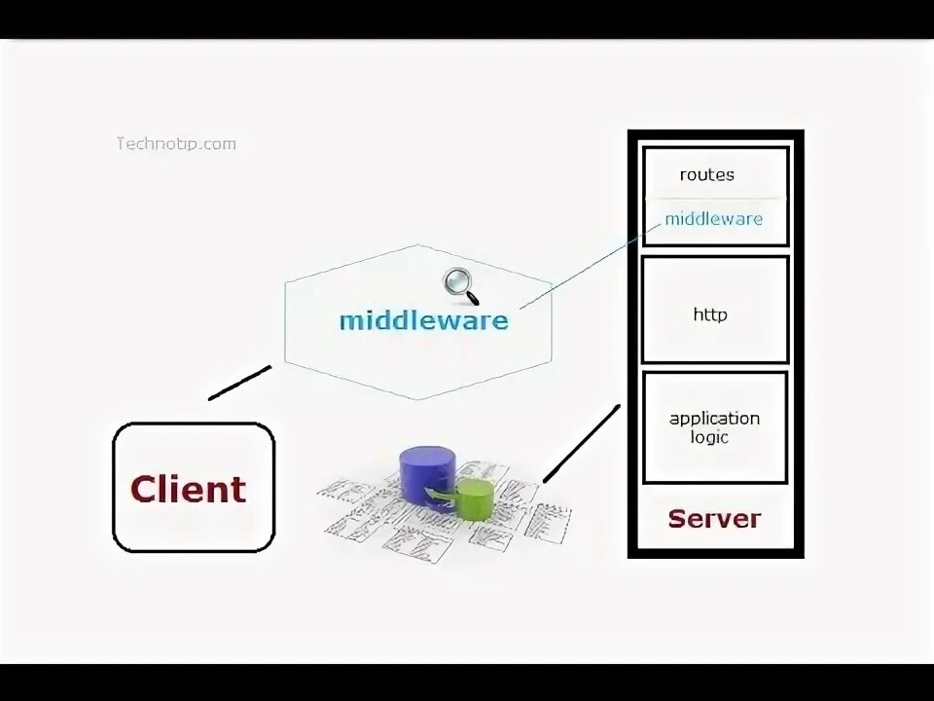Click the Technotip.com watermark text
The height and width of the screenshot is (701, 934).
coord(176,144)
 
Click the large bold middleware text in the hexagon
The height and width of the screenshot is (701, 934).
coord(423,320)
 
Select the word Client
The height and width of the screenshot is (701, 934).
coord(189,489)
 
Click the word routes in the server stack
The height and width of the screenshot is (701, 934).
coord(707,175)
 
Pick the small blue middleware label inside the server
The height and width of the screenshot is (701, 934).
coord(713,218)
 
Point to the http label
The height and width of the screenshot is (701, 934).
coord(710,315)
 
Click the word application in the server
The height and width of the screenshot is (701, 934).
coord(714,419)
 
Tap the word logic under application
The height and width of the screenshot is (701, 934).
coord(711,438)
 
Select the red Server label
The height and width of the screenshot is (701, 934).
coord(714,519)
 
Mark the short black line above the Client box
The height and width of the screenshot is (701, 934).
coord(239,383)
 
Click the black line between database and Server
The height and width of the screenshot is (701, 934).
coord(581,443)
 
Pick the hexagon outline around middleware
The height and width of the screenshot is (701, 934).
coord(285,321)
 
